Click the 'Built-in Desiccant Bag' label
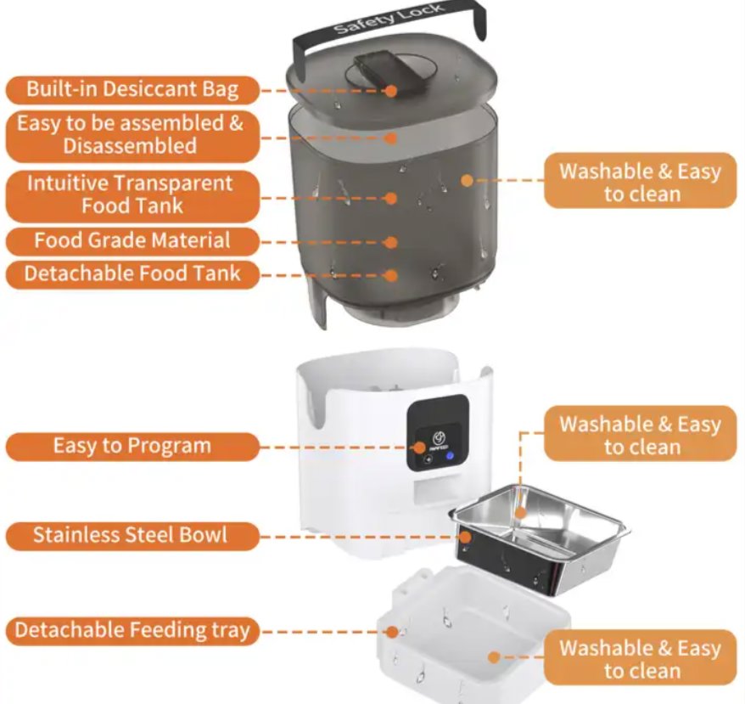coord(132,89)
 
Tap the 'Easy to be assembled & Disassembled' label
coord(132,135)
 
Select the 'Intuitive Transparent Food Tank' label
coord(132,194)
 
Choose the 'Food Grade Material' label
coord(132,241)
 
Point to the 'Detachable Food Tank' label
coord(132,274)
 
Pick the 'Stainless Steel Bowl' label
coord(132,536)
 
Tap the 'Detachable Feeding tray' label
coord(132,631)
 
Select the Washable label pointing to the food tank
coord(641,182)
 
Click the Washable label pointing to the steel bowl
coord(641,435)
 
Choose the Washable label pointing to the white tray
coord(641,659)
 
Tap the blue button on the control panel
coord(448,458)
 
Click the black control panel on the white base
coord(437,433)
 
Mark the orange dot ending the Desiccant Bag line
coord(392,90)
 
